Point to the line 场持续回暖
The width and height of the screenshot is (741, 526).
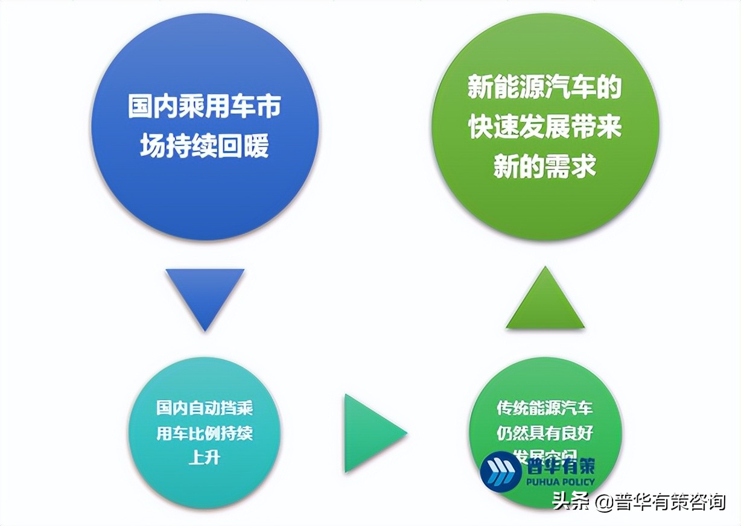pos(205,145)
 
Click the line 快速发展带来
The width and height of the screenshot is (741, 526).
pos(545,127)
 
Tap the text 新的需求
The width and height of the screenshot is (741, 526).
pos(545,165)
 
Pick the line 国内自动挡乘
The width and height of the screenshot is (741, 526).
pos(205,408)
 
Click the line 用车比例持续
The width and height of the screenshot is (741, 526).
pos(205,433)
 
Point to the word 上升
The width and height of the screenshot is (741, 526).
pos(205,457)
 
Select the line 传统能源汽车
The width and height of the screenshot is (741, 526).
pos(545,408)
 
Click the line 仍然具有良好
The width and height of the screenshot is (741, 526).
pos(545,433)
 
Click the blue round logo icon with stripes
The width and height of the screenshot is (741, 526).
pos(501,471)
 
